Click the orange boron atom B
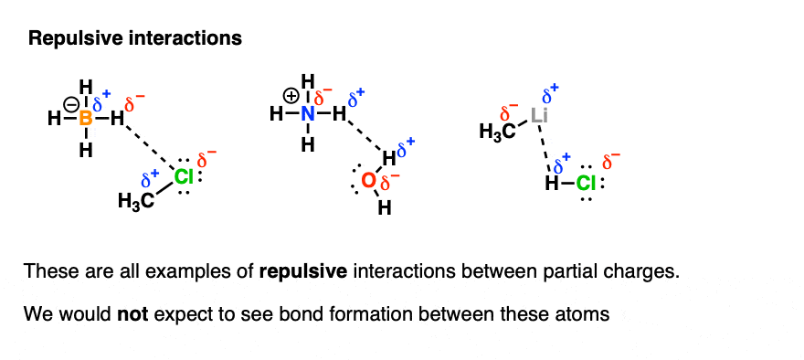pyautogui.click(x=86, y=118)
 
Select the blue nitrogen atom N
pyautogui.click(x=309, y=115)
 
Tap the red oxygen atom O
pyautogui.click(x=368, y=182)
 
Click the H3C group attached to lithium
pyautogui.click(x=496, y=133)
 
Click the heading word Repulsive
pyautogui.click(x=65, y=39)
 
